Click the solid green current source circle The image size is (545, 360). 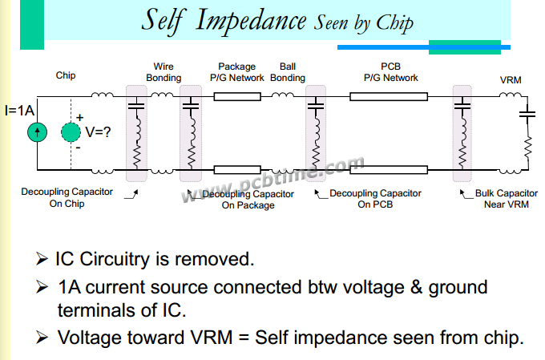tap(36, 133)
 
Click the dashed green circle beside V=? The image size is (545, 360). tap(71, 133)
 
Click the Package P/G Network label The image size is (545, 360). tap(237, 72)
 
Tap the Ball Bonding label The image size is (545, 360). tap(287, 72)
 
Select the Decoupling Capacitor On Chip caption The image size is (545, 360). tap(67, 198)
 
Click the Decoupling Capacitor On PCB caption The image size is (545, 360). tap(375, 199)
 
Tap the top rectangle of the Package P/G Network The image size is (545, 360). tap(237, 97)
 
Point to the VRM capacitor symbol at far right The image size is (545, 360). tap(527, 113)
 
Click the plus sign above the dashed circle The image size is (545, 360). tap(79, 117)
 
